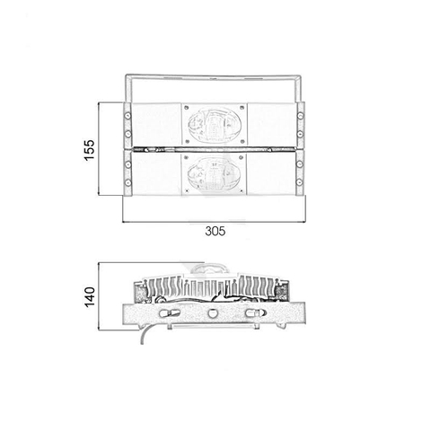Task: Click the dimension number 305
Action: pyautogui.click(x=214, y=231)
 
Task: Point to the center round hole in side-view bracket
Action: pyautogui.click(x=213, y=314)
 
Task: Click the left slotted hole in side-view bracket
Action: pyautogui.click(x=169, y=314)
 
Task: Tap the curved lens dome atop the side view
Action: pyautogui.click(x=213, y=268)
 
